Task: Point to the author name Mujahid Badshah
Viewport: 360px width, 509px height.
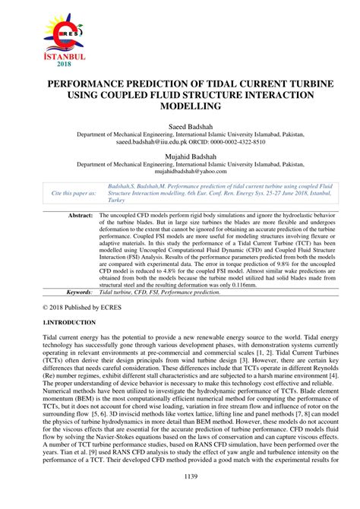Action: tap(180, 156)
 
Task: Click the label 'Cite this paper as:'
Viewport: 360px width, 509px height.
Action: tap(74, 194)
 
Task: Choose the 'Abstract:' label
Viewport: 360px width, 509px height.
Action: tap(81, 216)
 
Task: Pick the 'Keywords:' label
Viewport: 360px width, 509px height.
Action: tap(79, 292)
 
